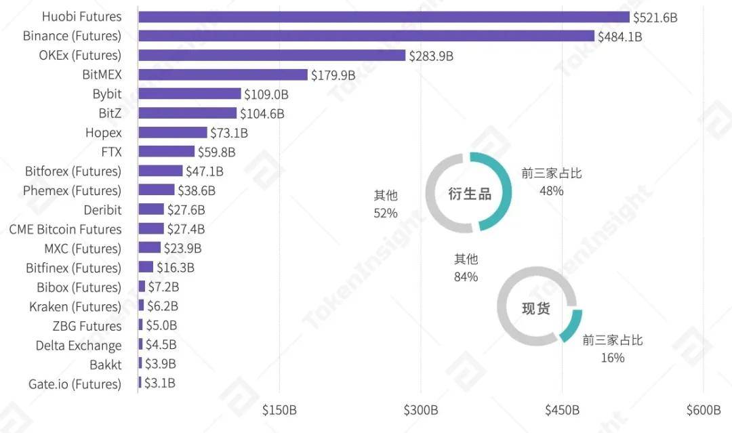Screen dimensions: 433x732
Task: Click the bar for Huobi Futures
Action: click(x=384, y=17)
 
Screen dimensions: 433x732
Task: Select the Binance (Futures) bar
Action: click(x=366, y=36)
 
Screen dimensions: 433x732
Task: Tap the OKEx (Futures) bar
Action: click(x=271, y=56)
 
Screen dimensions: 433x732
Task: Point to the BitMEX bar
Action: click(x=222, y=75)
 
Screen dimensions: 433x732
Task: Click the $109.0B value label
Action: click(x=266, y=94)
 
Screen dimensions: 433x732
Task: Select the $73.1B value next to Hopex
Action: click(x=229, y=133)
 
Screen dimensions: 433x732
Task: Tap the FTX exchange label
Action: click(x=111, y=152)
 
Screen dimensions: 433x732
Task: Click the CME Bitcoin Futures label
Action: click(x=65, y=229)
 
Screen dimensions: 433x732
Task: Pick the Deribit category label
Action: click(x=102, y=210)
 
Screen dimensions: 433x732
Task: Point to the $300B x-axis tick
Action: click(x=420, y=410)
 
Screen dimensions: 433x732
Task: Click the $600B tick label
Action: click(x=703, y=410)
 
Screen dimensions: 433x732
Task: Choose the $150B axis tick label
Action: click(x=279, y=410)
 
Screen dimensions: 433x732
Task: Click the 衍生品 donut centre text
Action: click(x=470, y=194)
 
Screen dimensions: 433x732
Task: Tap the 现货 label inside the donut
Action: click(x=536, y=309)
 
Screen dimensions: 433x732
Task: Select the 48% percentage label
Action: click(x=551, y=191)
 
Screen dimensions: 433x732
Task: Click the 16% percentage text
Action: click(x=612, y=357)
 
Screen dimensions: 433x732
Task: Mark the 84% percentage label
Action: click(x=466, y=276)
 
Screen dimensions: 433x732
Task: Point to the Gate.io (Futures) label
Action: click(x=75, y=384)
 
